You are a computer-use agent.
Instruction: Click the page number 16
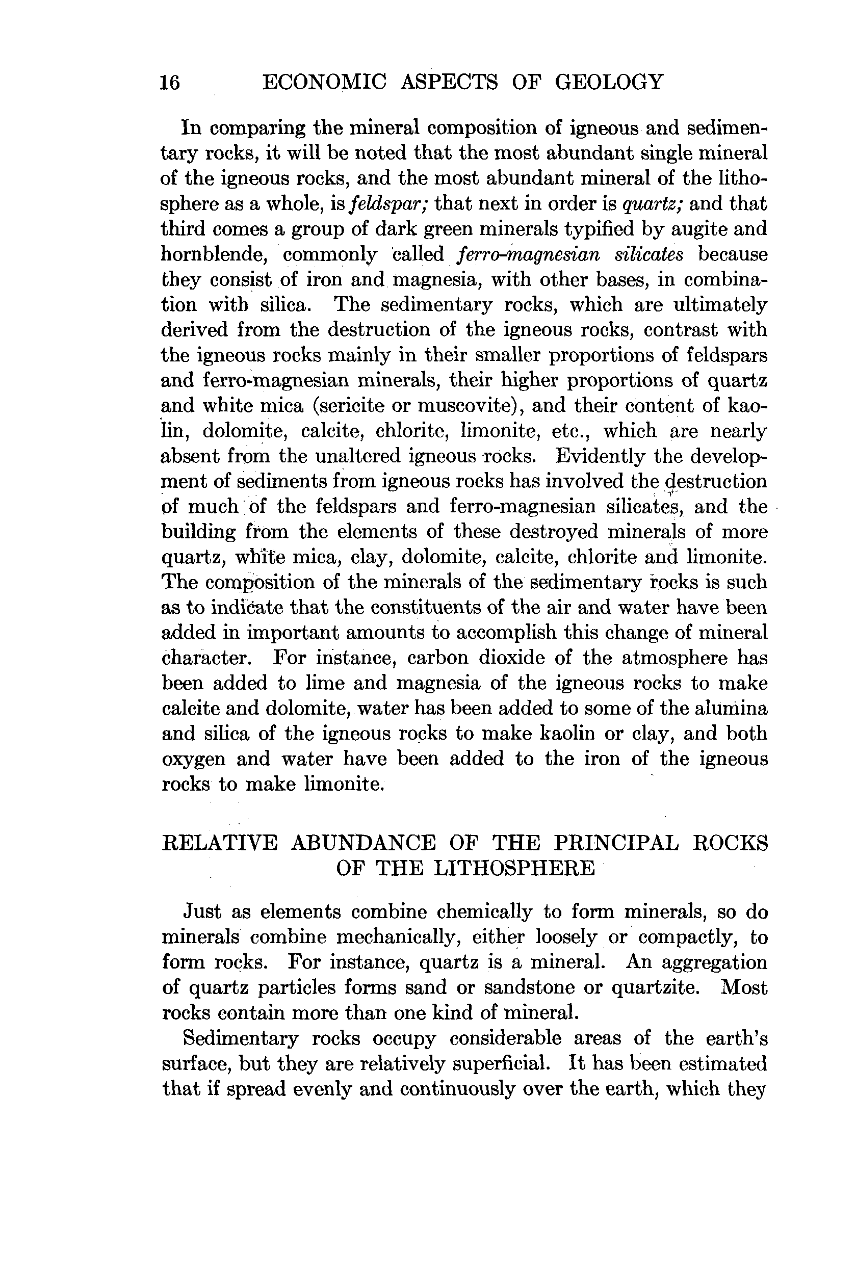pyautogui.click(x=170, y=83)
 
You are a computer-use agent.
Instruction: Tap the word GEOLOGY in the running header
pyautogui.click(x=609, y=82)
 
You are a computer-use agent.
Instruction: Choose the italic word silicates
pyautogui.click(x=649, y=254)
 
